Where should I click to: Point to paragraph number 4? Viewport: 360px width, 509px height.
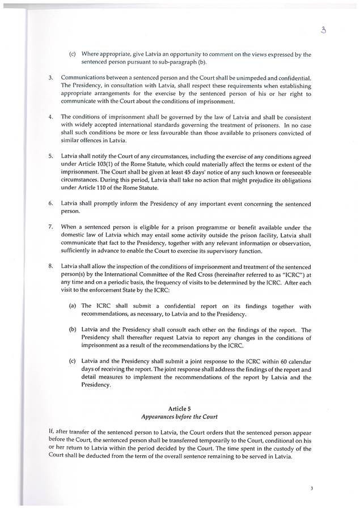[x=51, y=117]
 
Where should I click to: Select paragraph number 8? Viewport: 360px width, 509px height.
[x=51, y=265]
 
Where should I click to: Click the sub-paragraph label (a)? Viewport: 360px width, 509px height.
[x=73, y=306]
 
